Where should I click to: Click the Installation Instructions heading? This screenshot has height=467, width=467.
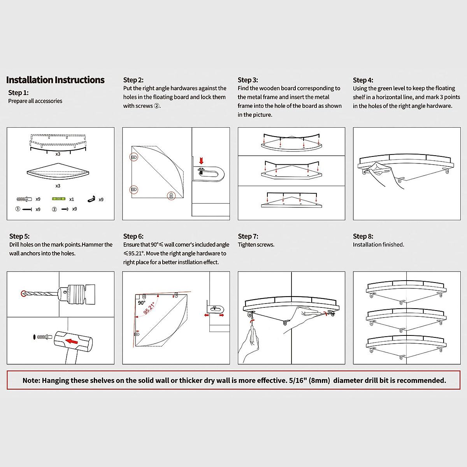coord(55,80)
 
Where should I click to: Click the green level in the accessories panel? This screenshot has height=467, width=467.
coord(59,199)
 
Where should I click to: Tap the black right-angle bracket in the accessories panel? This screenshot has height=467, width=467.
coord(91,199)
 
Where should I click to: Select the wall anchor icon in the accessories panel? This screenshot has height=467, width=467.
coord(24,199)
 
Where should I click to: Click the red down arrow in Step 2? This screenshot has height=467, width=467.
coord(201,161)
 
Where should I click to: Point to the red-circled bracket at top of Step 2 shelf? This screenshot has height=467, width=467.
coord(133,157)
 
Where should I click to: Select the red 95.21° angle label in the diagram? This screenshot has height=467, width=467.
coord(149,307)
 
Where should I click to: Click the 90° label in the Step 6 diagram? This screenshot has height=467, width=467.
coord(141,303)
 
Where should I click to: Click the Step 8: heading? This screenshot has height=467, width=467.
coord(363,236)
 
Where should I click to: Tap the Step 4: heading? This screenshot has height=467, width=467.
coord(363,80)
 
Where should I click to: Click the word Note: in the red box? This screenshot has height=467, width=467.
coord(31,381)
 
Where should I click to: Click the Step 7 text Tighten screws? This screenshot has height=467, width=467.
coord(256,245)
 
